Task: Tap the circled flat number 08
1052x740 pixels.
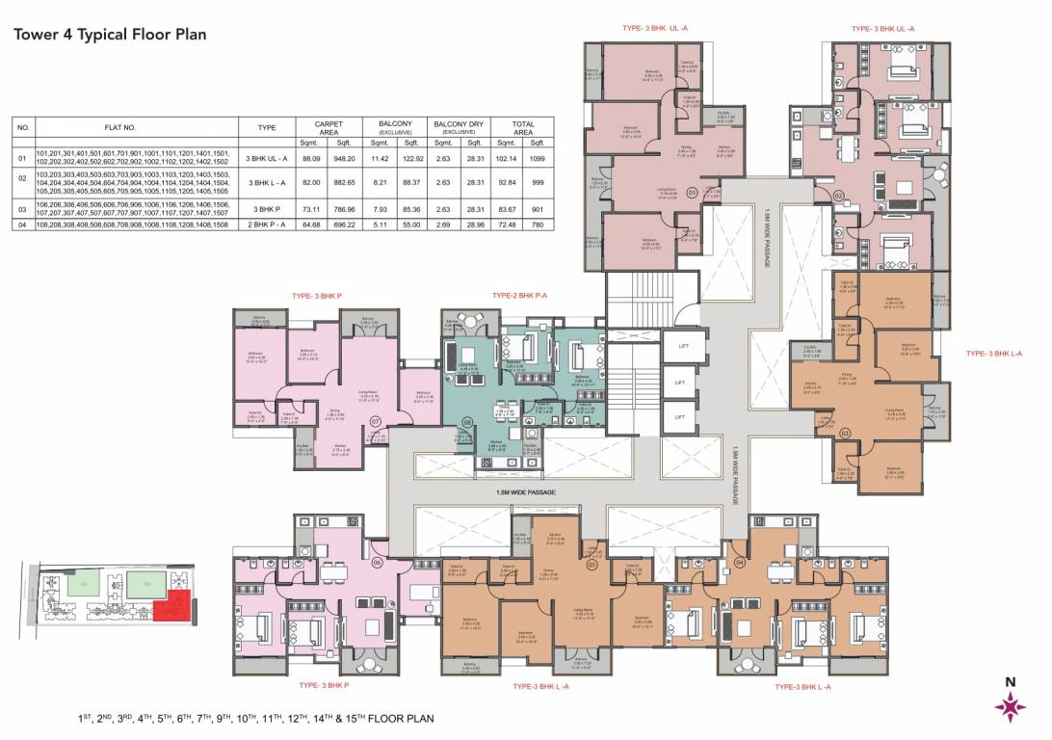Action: (467, 421)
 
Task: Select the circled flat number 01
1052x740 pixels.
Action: (693, 193)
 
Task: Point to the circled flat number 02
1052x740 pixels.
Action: (839, 196)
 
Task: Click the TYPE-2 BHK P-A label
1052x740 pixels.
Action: (519, 295)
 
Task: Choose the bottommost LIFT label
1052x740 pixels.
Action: (679, 416)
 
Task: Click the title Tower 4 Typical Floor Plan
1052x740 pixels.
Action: (109, 35)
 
